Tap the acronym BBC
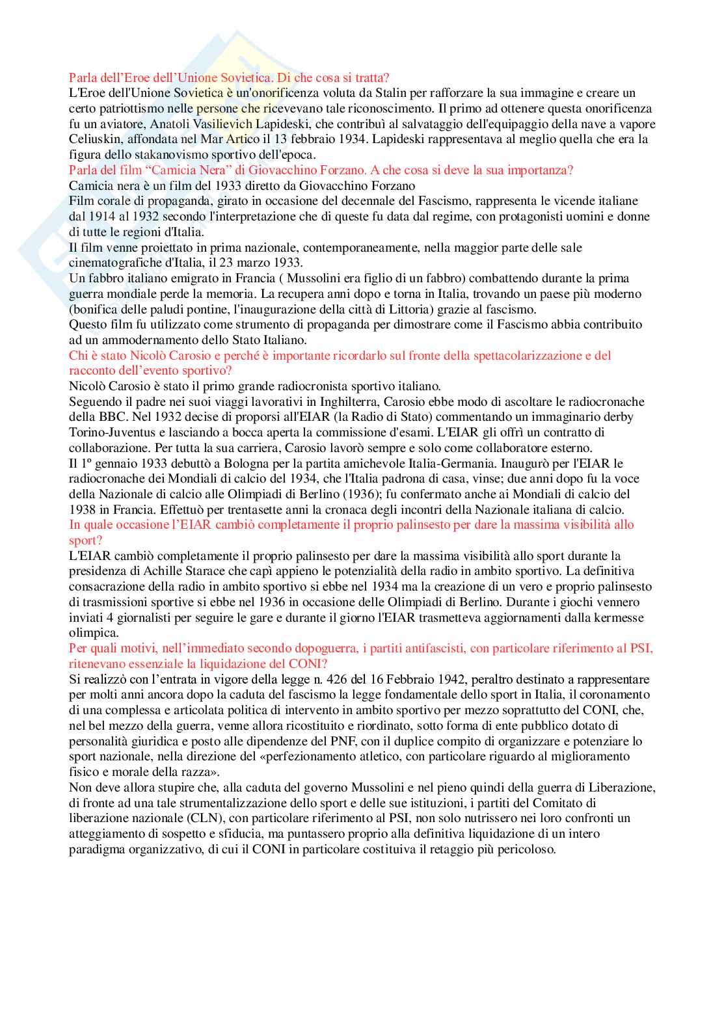pos(115,417)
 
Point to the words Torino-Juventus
pos(110,433)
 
